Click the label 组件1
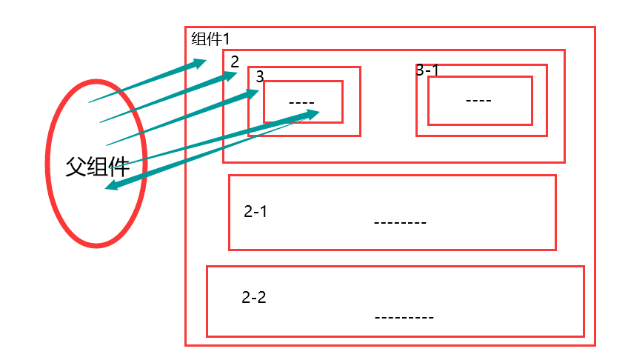[x=212, y=39]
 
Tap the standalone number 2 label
[x=235, y=61]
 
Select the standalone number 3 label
[x=259, y=76]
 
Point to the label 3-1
[x=427, y=70]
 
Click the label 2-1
[x=255, y=211]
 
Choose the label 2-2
[x=254, y=298]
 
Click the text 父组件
[x=98, y=167]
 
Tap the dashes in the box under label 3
[x=301, y=102]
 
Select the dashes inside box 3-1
[x=478, y=100]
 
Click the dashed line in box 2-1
[x=400, y=222]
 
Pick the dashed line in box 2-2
[x=404, y=317]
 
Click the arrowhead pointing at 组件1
[x=198, y=63]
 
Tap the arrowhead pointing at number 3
[x=252, y=93]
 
